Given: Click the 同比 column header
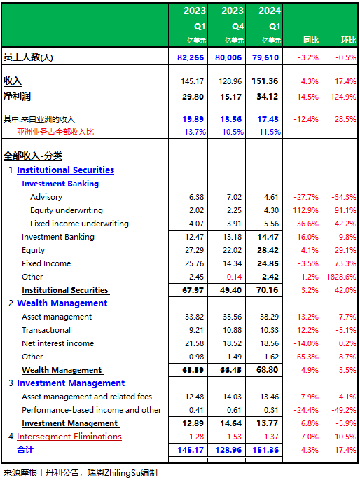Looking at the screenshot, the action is [x=311, y=40].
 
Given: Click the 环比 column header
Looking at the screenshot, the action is [x=349, y=40].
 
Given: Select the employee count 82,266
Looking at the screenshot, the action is [x=191, y=57].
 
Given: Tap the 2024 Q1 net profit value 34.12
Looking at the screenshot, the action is [x=268, y=97].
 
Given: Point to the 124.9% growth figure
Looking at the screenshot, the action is [x=343, y=97].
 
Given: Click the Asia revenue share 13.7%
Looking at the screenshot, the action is [x=195, y=132].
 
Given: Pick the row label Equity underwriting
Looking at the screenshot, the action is [x=67, y=210].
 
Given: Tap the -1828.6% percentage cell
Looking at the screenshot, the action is [x=340, y=277].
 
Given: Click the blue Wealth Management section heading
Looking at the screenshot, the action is [x=62, y=303].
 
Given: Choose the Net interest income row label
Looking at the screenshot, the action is [x=58, y=343].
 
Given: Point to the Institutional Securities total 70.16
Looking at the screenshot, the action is [x=268, y=290].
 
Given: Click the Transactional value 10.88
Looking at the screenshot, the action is [x=232, y=330].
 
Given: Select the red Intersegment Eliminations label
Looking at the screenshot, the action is [x=69, y=437].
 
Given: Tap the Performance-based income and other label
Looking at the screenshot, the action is [x=92, y=410].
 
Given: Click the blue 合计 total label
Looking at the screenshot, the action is [x=25, y=450].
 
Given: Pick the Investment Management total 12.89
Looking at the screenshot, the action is [x=193, y=423].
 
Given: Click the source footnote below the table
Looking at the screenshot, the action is [x=81, y=473].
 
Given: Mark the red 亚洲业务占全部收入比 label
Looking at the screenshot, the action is [x=55, y=132].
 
